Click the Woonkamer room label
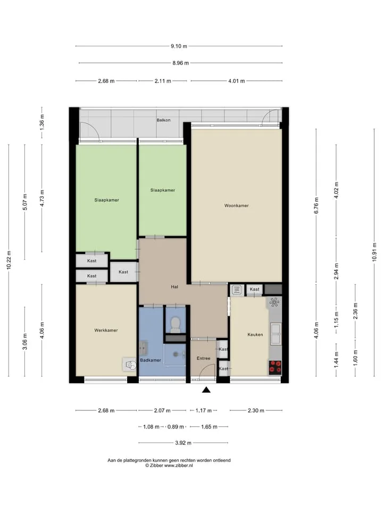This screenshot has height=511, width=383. coord(236,205)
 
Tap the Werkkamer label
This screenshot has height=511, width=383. coord(106,330)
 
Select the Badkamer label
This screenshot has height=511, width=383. coord(151,360)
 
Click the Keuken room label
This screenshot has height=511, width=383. coord(255,334)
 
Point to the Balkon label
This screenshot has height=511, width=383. coord(163,120)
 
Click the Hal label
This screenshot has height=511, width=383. coord(174,287)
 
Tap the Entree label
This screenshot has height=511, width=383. coord(204,358)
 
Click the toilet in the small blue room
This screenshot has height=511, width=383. coord(176,325)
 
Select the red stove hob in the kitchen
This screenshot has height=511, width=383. coord(275,367)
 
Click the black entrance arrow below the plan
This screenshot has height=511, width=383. coord(206,390)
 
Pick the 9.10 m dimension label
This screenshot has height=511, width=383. coord(179,46)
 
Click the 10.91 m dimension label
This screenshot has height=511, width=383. coord(374,252)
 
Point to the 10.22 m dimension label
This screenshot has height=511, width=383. coord(9,260)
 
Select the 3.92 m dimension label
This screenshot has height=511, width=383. coord(184,443)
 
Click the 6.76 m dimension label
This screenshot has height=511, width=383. coord(316,205)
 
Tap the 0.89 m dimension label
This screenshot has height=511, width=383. coord(176,426)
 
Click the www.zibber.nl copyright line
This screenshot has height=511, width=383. coord(169,466)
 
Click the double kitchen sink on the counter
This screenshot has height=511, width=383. coord(276,334)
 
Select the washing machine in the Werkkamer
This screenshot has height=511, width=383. coord(130,365)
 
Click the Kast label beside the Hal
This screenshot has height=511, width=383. coord(123,272)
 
